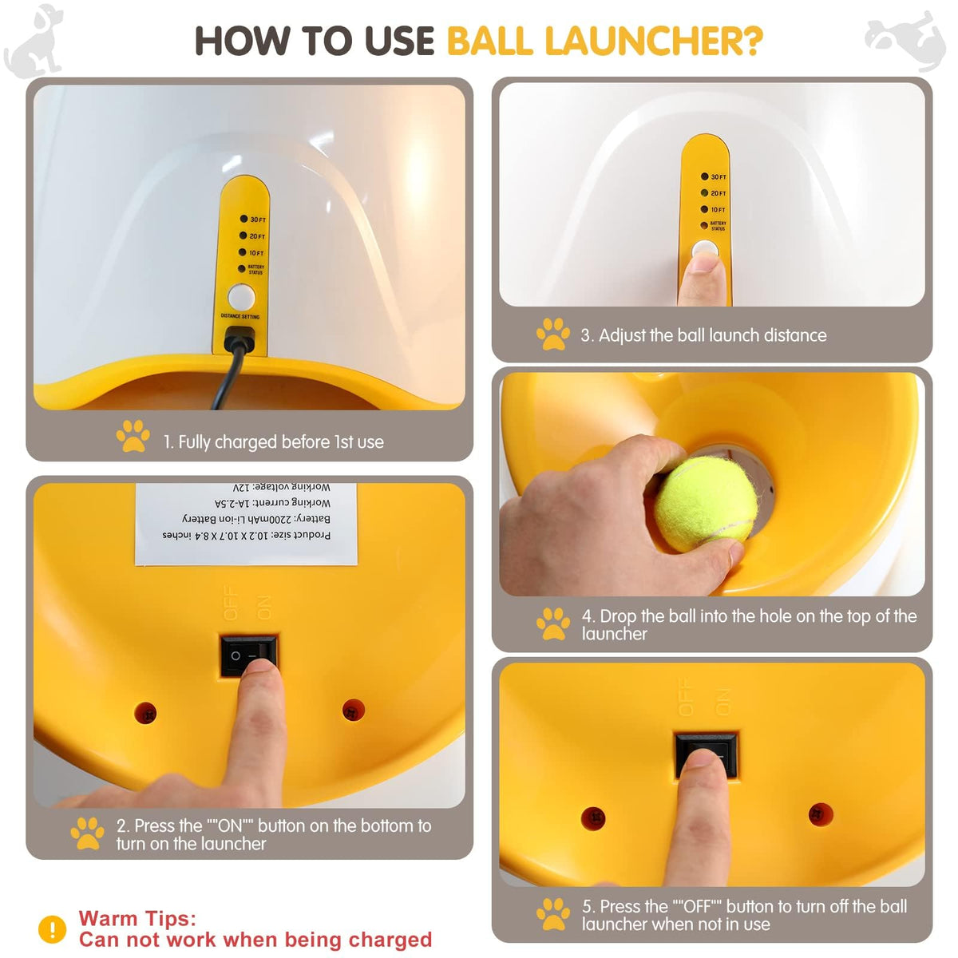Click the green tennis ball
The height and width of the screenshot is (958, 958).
(x=706, y=504)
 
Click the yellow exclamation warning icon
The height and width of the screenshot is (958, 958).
(x=53, y=928)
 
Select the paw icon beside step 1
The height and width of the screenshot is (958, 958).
(x=133, y=437)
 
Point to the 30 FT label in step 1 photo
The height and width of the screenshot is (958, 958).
(x=257, y=220)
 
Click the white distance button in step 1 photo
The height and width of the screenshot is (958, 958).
(x=241, y=297)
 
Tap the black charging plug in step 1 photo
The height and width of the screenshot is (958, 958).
(x=240, y=340)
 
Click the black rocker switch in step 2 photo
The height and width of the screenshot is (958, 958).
(x=248, y=655)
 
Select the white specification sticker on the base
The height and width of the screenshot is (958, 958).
(x=246, y=523)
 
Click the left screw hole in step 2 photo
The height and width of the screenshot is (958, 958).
(x=145, y=712)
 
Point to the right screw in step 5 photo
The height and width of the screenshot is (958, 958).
(x=821, y=814)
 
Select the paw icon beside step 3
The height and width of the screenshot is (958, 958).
(x=553, y=335)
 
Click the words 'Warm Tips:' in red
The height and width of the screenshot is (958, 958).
(x=137, y=918)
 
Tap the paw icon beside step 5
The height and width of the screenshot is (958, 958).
(x=553, y=914)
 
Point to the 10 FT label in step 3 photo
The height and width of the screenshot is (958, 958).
(x=718, y=210)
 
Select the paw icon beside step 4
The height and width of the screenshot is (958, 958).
(x=553, y=623)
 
